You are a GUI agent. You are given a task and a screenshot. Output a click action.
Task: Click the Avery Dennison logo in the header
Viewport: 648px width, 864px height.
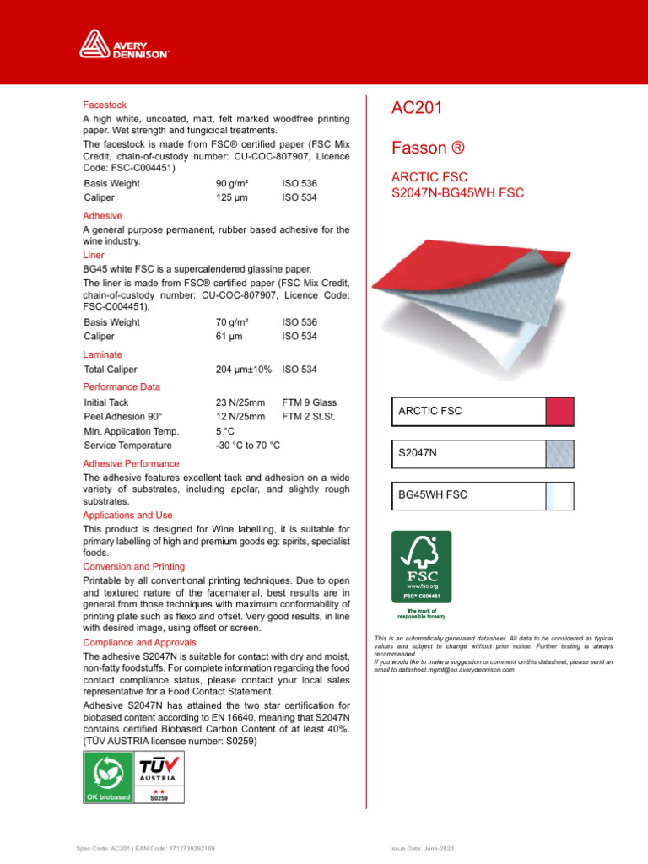click(125, 44)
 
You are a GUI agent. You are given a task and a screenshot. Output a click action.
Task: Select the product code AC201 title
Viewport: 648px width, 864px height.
click(418, 108)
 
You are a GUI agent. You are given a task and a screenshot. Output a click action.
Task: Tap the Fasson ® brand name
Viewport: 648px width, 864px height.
click(428, 148)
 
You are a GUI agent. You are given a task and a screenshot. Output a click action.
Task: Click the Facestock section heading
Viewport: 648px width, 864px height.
click(105, 105)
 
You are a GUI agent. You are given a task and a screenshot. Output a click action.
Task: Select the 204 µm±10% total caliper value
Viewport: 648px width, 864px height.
click(244, 370)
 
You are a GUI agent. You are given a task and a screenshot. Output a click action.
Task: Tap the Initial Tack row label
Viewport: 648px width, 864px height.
click(106, 403)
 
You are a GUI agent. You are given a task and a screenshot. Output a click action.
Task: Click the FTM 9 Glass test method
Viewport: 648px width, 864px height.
click(309, 403)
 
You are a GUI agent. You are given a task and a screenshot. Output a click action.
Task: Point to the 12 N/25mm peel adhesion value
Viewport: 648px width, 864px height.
click(240, 417)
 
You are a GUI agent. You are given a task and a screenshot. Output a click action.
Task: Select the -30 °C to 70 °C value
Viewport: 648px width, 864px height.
click(248, 445)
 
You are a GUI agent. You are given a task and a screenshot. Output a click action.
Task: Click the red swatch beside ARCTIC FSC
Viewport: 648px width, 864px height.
click(560, 412)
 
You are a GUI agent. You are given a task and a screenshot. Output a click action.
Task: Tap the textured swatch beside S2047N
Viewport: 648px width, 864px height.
click(560, 454)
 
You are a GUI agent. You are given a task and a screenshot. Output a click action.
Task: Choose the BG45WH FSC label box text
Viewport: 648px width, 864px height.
click(432, 495)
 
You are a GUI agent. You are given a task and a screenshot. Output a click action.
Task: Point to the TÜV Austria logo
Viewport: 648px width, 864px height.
click(159, 776)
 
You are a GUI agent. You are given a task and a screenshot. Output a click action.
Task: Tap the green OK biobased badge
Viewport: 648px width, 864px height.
click(108, 776)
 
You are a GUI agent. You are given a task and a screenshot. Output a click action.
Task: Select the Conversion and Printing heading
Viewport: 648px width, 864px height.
click(133, 567)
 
